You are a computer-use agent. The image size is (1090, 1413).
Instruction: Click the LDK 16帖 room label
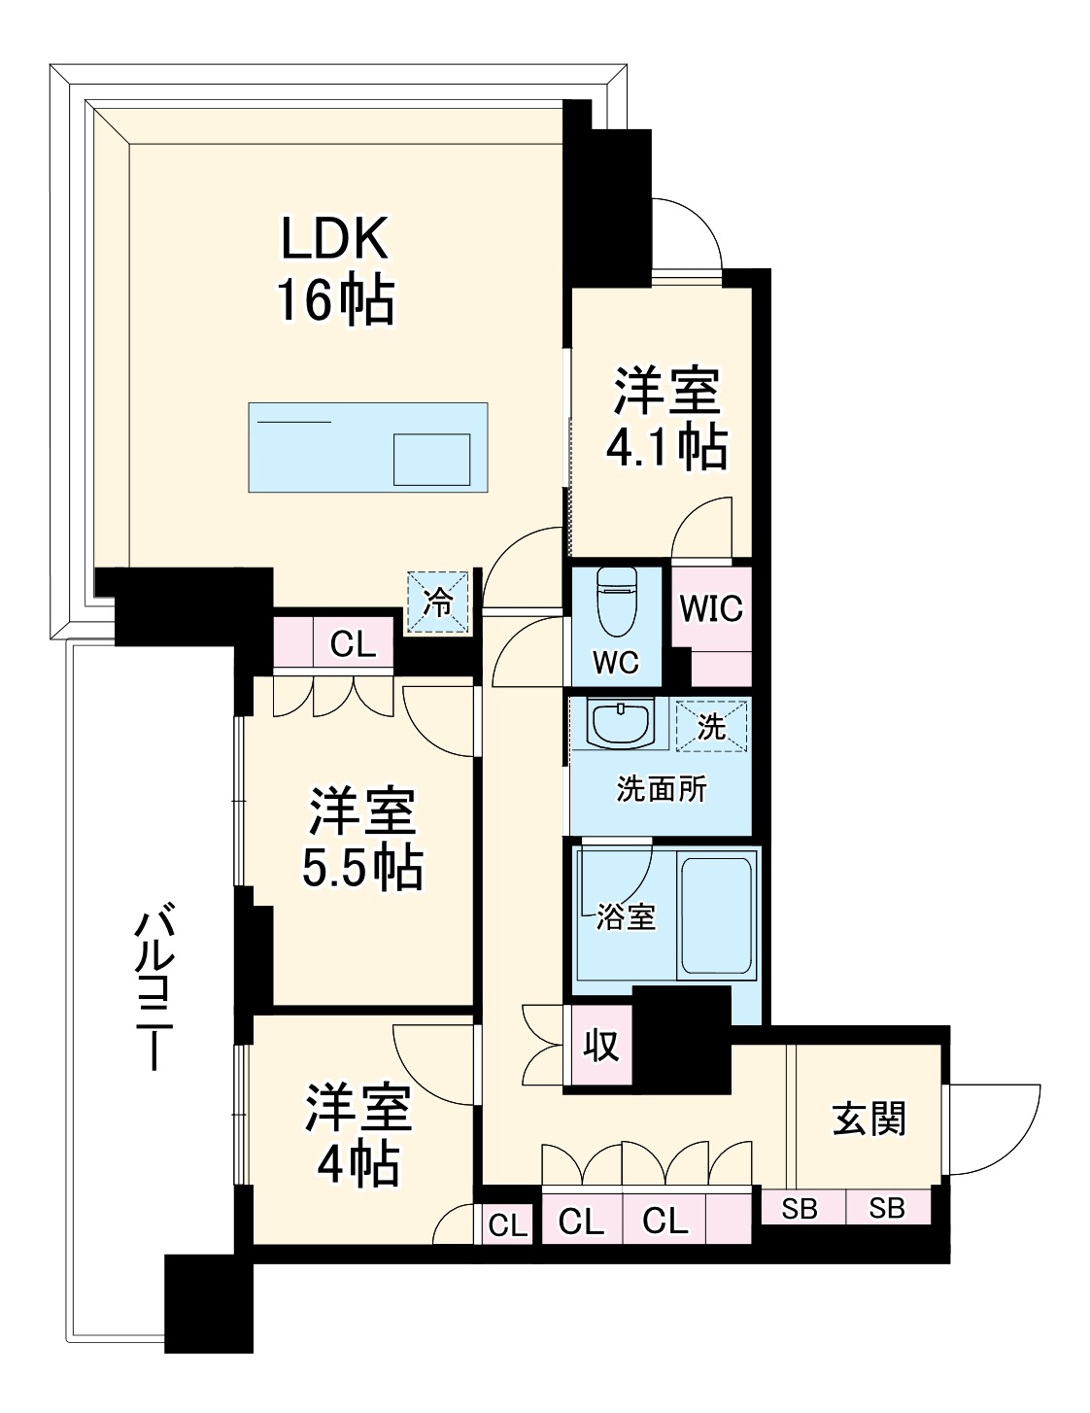[336, 270]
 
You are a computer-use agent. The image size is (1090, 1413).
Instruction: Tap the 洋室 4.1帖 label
[665, 419]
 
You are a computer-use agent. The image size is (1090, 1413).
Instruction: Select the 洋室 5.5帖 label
[362, 840]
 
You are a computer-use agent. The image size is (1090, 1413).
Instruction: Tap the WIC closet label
[711, 609]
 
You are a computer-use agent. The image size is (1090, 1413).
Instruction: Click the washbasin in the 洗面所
[619, 725]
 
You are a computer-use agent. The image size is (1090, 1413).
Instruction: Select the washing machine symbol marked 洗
[712, 726]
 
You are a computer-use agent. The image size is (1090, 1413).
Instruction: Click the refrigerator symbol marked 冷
[438, 603]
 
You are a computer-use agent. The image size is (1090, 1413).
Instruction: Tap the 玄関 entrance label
[869, 1119]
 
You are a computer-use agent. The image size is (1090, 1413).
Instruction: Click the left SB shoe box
[800, 1208]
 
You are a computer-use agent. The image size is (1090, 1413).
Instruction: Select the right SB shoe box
[886, 1208]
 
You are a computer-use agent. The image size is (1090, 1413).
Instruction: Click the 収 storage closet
[601, 1046]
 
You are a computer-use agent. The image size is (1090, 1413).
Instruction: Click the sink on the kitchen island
[431, 459]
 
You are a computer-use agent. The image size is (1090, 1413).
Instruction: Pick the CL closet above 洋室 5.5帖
[353, 644]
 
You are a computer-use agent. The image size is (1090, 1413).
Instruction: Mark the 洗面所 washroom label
[662, 789]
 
